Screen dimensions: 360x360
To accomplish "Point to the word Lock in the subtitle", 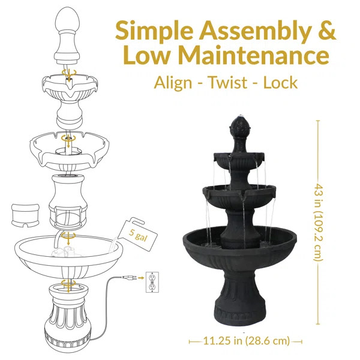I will coord(281,82).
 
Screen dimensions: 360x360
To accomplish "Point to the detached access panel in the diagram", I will coord(26,214).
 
